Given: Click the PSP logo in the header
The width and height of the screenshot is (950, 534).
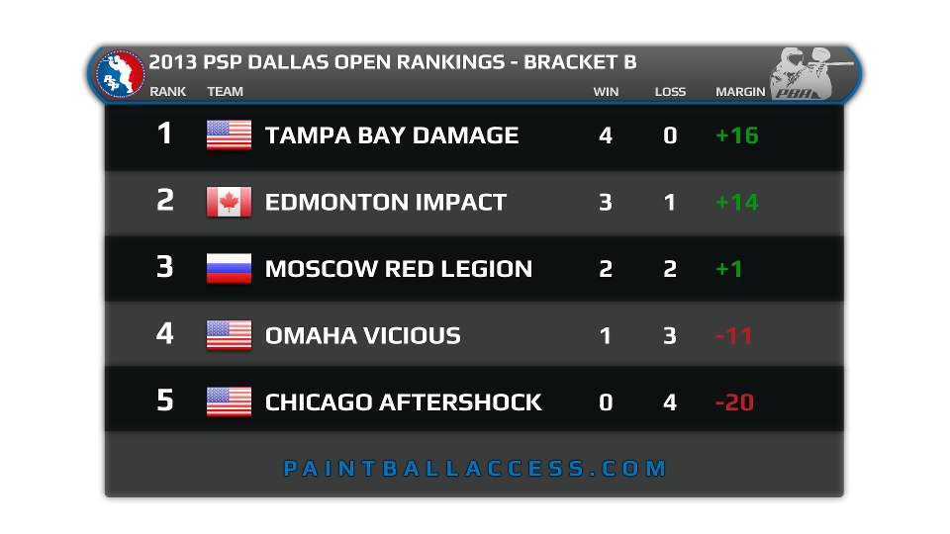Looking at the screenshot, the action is (x=120, y=74).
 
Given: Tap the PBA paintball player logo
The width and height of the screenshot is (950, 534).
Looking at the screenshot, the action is (x=810, y=72).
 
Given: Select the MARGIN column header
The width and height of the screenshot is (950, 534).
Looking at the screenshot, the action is (x=740, y=91).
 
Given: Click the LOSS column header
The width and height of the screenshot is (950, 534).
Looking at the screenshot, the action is (x=670, y=91).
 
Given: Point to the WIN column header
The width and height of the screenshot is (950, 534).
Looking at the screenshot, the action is (x=606, y=91).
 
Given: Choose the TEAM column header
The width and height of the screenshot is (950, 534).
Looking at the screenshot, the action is (x=225, y=91).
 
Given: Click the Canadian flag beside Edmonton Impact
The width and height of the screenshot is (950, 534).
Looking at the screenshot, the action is (x=229, y=202).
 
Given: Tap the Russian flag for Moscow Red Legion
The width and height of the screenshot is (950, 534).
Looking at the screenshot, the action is (x=229, y=268).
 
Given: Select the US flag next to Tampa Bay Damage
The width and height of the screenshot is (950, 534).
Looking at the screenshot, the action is (x=229, y=134).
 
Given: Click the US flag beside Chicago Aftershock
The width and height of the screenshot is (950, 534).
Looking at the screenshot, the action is (x=229, y=402).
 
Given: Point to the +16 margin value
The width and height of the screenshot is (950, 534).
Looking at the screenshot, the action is (x=736, y=135).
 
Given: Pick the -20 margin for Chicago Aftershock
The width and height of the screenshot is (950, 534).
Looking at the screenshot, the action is (x=734, y=402).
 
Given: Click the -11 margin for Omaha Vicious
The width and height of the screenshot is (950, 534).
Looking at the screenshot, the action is (x=733, y=335).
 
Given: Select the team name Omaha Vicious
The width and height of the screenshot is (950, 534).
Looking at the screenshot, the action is (x=363, y=335).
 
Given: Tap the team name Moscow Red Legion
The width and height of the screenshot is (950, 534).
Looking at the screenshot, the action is (x=399, y=268).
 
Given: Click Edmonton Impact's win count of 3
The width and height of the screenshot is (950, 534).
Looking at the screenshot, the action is (x=606, y=202).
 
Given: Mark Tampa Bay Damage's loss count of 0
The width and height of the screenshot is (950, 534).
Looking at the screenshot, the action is (x=670, y=135).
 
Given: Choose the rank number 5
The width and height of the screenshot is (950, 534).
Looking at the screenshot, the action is (x=165, y=400).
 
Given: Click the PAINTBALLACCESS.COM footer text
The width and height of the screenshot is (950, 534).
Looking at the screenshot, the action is (x=475, y=468).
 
